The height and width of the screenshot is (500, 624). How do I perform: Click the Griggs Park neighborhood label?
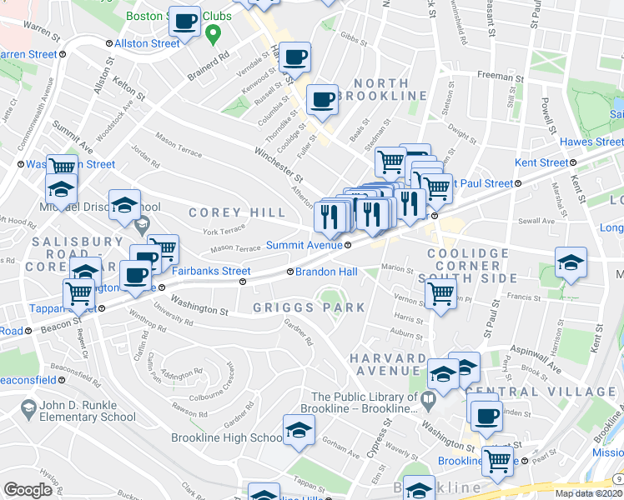click(x=309, y=307)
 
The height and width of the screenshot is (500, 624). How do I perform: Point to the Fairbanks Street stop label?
click(x=211, y=271)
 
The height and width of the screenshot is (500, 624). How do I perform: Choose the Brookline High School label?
click(x=227, y=437)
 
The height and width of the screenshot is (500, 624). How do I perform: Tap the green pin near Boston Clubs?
click(x=214, y=35)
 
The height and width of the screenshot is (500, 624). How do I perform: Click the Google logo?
click(x=28, y=490)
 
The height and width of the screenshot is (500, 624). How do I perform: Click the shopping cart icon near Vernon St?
click(x=440, y=293)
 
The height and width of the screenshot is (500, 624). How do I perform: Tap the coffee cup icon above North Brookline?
click(x=322, y=100)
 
